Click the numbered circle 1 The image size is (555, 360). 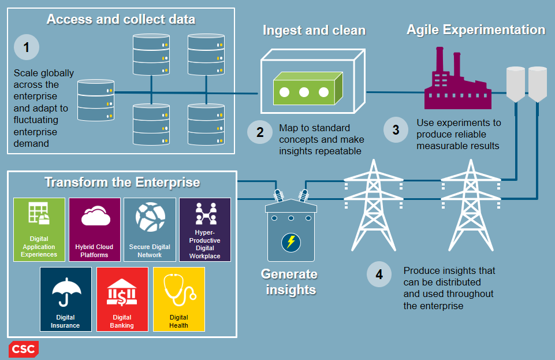tap(27, 47)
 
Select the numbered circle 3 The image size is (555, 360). tap(396, 130)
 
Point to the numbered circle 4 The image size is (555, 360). tap(379, 274)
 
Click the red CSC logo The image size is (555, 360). tap(24, 349)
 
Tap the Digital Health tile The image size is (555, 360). tap(178, 299)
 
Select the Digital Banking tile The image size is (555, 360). tap(122, 299)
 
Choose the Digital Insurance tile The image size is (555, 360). tap(65, 299)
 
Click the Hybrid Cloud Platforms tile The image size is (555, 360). tap(94, 229)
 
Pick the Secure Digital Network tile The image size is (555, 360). tap(150, 229)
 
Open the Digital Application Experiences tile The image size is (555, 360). tap(39, 229)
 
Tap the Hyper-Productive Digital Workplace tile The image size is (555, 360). tap(205, 229)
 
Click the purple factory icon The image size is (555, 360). tap(456, 80)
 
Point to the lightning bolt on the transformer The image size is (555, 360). tap(290, 241)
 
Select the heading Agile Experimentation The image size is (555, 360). tap(476, 30)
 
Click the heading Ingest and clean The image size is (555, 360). tap(314, 31)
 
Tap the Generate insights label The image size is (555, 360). tap(290, 281)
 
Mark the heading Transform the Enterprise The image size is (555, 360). tap(122, 183)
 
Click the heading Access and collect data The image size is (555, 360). tap(121, 20)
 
